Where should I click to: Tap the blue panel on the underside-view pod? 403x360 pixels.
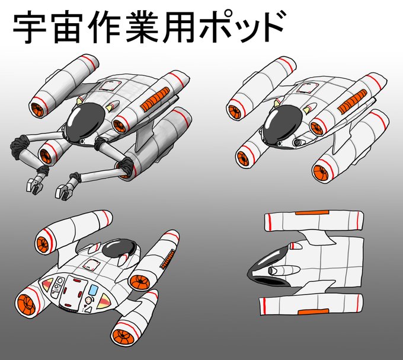(x=94, y=290)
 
